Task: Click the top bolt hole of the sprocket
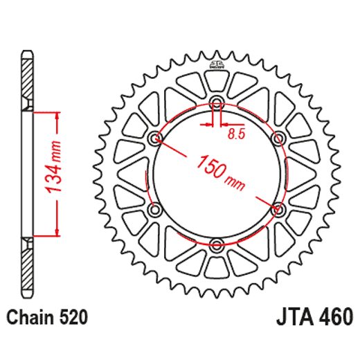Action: [x=217, y=105]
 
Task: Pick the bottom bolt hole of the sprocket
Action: [x=217, y=243]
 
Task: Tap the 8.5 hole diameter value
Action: [x=237, y=136]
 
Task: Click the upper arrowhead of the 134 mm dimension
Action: [x=52, y=114]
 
